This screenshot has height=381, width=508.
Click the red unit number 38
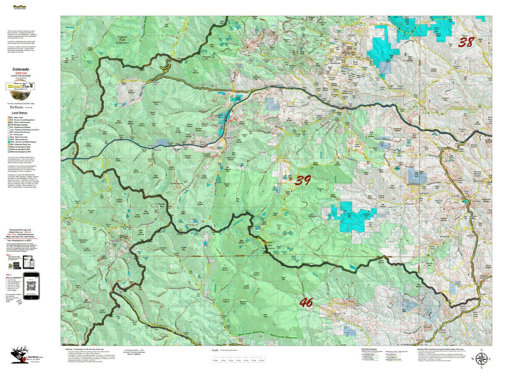[x=466, y=42]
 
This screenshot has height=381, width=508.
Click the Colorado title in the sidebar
[x=21, y=69]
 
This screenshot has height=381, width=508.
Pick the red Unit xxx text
[x=21, y=72]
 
